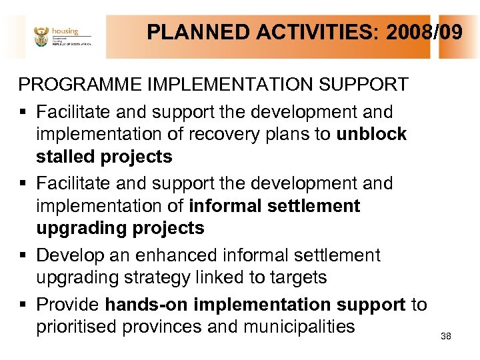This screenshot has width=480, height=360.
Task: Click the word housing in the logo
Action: [x=66, y=31]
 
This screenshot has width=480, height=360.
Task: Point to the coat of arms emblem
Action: [x=41, y=37]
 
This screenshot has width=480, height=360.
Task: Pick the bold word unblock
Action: [x=371, y=134]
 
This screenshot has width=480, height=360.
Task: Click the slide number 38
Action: [x=446, y=337]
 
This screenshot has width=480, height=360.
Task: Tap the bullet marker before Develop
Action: [x=23, y=256]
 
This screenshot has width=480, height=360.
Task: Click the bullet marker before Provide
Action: [x=23, y=305]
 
